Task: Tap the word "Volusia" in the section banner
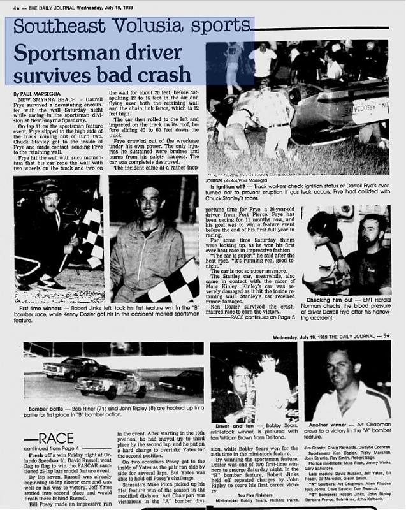pos(131,27)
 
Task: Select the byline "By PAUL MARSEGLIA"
pos(38,94)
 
